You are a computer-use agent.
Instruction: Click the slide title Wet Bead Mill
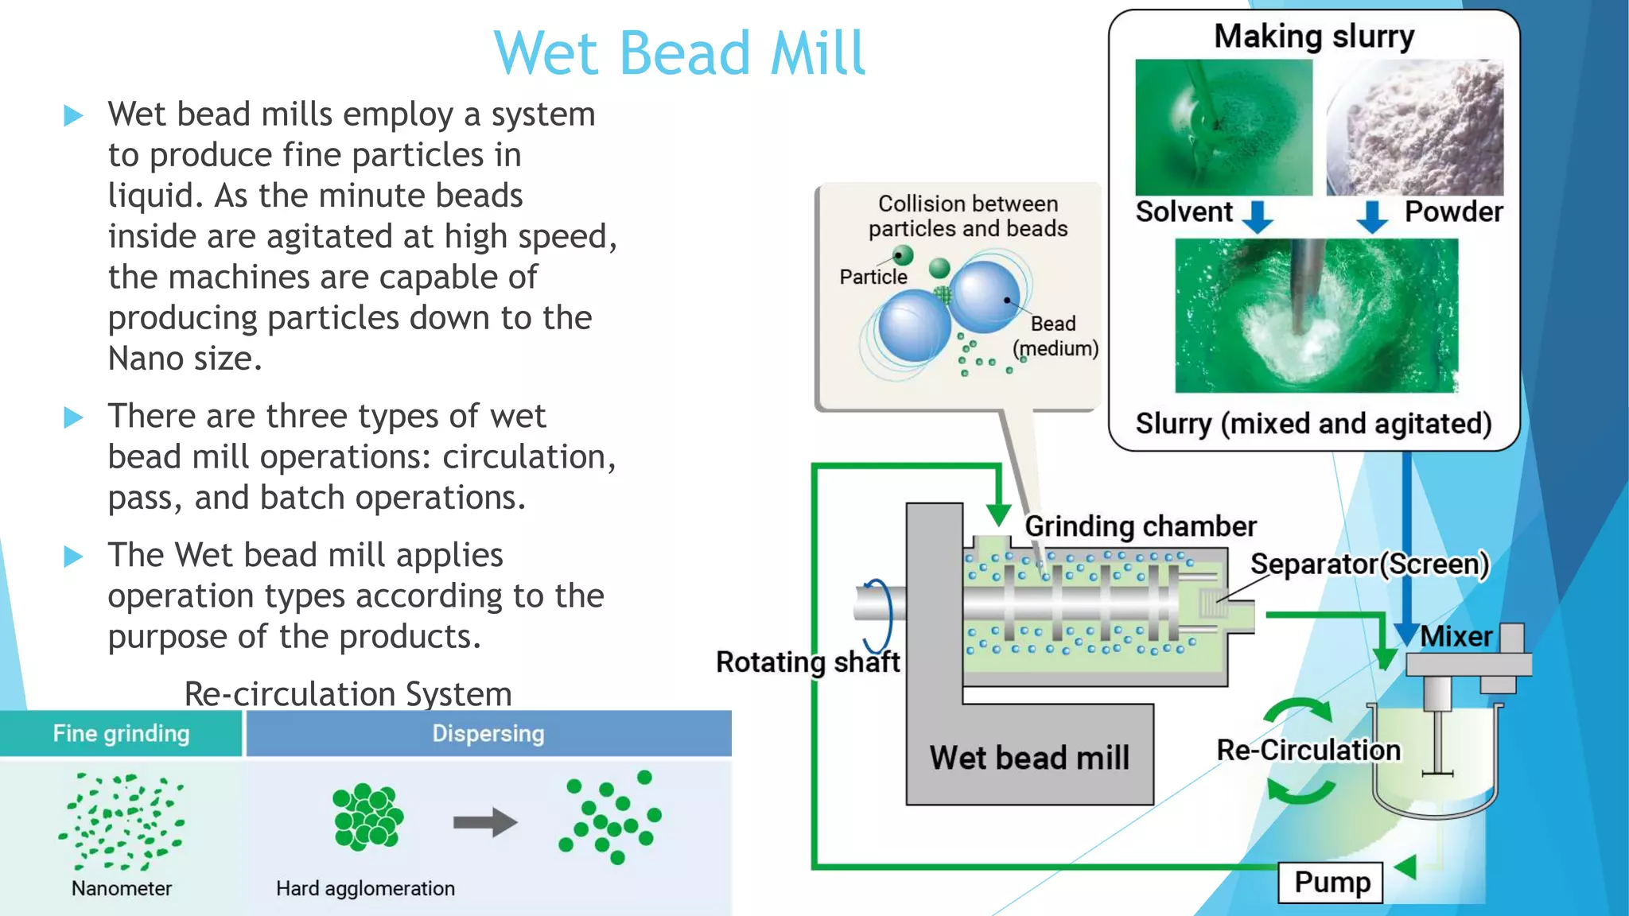[x=678, y=53]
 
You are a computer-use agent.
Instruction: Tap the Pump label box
[x=1331, y=882]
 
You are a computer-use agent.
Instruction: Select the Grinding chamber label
[x=1140, y=526]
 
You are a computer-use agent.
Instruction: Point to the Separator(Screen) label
[x=1369, y=564]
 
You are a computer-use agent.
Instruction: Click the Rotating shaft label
[x=807, y=662]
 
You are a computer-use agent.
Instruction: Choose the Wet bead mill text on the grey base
[x=1029, y=757]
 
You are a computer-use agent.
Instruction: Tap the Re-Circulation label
[x=1308, y=750]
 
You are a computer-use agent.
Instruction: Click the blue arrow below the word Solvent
[x=1258, y=216]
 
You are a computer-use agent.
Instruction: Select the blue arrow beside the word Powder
[x=1372, y=216]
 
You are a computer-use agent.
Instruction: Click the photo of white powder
[x=1415, y=127]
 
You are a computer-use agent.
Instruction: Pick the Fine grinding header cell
[x=121, y=733]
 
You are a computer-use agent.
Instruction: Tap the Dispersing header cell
[x=488, y=733]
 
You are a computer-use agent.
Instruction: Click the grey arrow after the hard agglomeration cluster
[x=485, y=822]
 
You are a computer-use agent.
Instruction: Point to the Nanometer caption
[x=122, y=888]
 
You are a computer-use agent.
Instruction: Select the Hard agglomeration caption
[x=365, y=888]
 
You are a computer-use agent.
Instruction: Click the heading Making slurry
[x=1314, y=37]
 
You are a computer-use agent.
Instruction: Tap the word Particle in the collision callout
[x=873, y=277]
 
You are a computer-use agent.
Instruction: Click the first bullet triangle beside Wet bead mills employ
[x=73, y=116]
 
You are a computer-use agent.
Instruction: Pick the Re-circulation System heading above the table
[x=348, y=693]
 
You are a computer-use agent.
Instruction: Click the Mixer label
[x=1456, y=636]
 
